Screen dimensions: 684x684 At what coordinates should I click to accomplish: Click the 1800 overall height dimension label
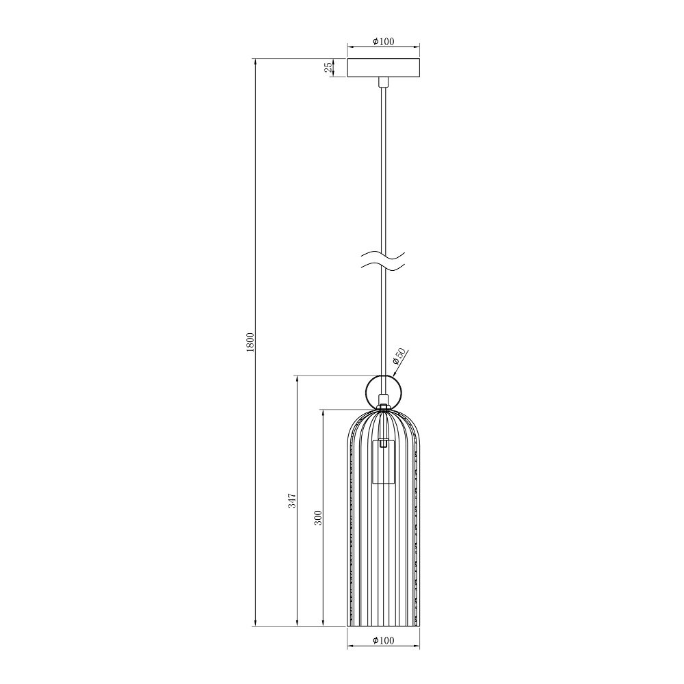[x=250, y=342]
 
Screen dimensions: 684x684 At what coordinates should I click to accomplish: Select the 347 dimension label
[x=291, y=501]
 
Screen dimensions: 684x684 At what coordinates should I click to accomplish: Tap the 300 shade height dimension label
[x=317, y=518]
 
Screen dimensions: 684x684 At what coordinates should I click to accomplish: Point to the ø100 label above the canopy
[x=383, y=42]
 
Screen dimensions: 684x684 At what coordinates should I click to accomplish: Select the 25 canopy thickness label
[x=328, y=67]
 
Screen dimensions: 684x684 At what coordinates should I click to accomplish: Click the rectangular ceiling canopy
[x=383, y=68]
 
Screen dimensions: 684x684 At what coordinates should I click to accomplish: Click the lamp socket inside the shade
[x=384, y=462]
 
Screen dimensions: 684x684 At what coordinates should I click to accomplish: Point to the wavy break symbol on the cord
[x=383, y=261]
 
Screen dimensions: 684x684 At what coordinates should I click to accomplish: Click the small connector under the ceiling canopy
[x=383, y=82]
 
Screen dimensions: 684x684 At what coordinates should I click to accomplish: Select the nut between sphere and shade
[x=383, y=408]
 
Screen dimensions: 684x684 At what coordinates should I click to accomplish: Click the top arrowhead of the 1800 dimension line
[x=256, y=62]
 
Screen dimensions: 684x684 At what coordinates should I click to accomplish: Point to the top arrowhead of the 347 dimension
[x=297, y=379]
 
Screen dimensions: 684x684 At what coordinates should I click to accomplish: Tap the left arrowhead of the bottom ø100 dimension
[x=350, y=648]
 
